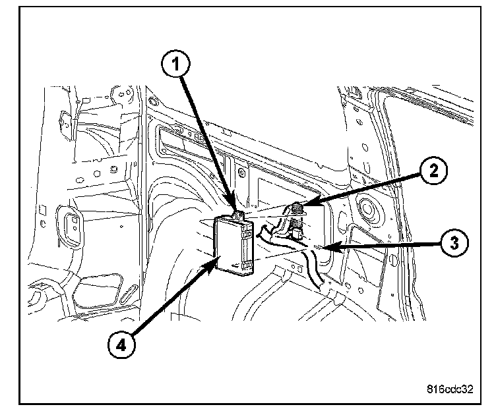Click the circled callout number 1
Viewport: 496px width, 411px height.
click(x=176, y=64)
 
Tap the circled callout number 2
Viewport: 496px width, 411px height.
click(x=434, y=171)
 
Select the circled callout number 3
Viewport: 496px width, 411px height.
click(x=454, y=243)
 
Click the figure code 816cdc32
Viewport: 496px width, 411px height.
click(x=450, y=389)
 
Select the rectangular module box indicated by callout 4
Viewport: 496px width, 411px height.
click(x=234, y=244)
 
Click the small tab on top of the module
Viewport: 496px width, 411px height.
click(x=238, y=216)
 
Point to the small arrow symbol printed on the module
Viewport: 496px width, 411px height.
click(x=235, y=265)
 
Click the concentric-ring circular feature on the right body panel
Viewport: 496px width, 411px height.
click(x=367, y=209)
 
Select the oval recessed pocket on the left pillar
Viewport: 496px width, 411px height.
click(x=70, y=227)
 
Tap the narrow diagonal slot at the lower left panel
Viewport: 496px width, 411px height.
click(x=129, y=294)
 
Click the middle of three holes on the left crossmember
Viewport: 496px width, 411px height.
click(x=97, y=174)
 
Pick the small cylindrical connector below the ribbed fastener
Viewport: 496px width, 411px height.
click(x=297, y=234)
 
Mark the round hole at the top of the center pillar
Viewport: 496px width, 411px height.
click(x=154, y=101)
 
